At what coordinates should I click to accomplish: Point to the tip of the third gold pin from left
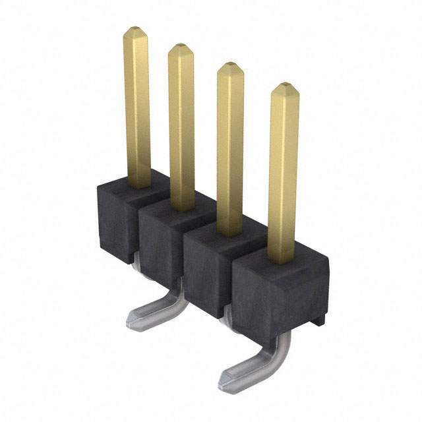click(x=229, y=67)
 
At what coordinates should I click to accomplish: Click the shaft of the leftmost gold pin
click(x=137, y=105)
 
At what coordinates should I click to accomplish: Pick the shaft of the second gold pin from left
click(x=181, y=125)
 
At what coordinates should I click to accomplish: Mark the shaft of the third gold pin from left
click(x=230, y=145)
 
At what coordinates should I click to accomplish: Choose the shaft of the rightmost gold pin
click(x=284, y=171)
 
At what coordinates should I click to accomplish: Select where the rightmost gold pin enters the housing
click(x=284, y=258)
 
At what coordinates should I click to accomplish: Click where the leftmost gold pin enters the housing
click(x=137, y=185)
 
